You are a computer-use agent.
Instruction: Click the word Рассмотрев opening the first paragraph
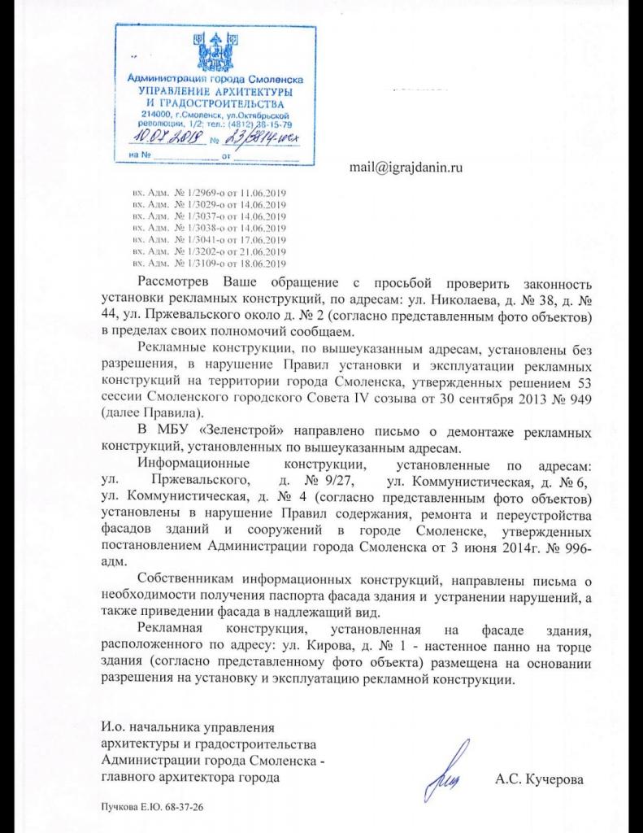tap(176, 282)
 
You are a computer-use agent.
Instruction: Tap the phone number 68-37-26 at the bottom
tap(183, 809)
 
